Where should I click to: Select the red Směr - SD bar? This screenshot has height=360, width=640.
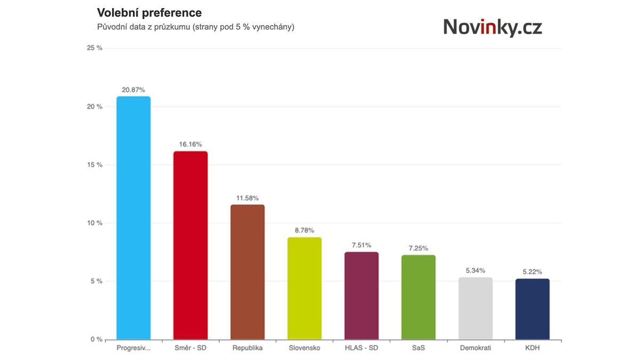tap(190, 245)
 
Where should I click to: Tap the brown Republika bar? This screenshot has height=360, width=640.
tap(247, 272)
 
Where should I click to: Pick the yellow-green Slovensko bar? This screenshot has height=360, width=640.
tap(305, 288)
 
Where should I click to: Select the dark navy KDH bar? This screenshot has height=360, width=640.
tap(532, 309)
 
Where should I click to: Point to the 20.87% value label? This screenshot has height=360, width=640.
tap(133, 90)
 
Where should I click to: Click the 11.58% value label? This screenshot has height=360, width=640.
tap(247, 198)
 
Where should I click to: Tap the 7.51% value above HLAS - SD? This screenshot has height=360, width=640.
tap(361, 245)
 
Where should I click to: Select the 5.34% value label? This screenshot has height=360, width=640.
tap(475, 270)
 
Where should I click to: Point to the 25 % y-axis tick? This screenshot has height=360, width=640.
tap(94, 49)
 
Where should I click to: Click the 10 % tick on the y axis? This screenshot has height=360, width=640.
tap(94, 223)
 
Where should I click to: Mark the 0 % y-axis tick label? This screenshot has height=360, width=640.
tap(97, 339)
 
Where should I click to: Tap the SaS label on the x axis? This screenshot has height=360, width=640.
tap(418, 348)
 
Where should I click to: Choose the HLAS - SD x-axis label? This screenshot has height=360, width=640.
tap(361, 348)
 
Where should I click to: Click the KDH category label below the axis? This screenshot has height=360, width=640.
tap(532, 348)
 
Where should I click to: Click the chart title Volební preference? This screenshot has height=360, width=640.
tap(149, 12)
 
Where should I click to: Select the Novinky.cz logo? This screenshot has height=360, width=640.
tap(492, 27)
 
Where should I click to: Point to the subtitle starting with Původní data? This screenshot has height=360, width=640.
tap(195, 27)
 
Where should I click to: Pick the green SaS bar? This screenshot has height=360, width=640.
tap(418, 297)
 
